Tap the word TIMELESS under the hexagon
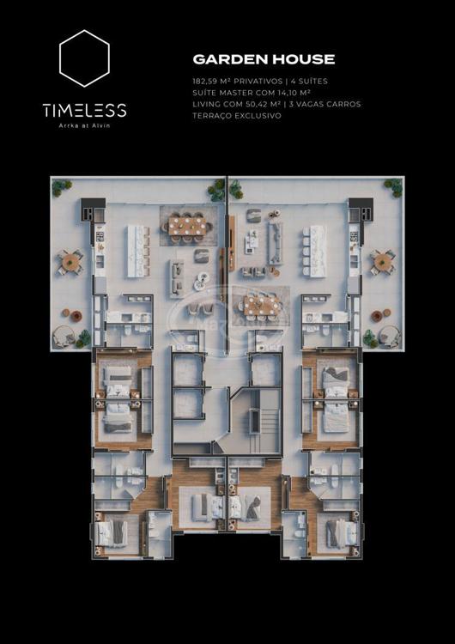pos(84,111)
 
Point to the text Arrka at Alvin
pos(84,125)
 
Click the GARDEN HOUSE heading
pos(264,59)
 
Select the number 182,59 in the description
pos(207,82)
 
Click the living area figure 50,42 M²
pos(259,104)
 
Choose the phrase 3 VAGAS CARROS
pos(325,104)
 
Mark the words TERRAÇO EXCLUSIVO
pos(237,116)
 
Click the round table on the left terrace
pos(70,262)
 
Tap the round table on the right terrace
pos(383,262)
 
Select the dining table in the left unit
pos(187,227)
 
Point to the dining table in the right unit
pos(263,305)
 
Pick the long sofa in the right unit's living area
pos(275,243)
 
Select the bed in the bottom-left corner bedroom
pos(110,534)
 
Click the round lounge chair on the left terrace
pos(64,337)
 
